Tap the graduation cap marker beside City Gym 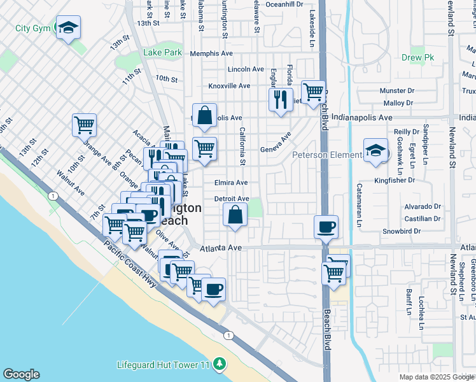68,28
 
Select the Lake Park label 163,52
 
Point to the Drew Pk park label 417,58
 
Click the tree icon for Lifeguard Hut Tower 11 220,364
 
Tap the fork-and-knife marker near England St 281,99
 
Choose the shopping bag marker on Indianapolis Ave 204,116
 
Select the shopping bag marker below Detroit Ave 235,215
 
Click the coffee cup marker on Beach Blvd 326,227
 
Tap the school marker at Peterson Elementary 375,150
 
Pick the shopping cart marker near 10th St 84,125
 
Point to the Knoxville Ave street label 230,86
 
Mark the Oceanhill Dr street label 284,4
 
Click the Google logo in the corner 21,374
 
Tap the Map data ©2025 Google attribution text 437,377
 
